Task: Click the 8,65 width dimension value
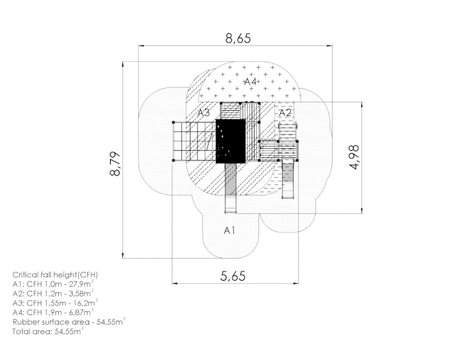click(x=238, y=38)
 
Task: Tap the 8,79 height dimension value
click(x=115, y=164)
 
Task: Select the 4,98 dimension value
click(x=354, y=157)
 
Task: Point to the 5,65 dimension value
click(x=233, y=276)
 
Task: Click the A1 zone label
click(x=230, y=230)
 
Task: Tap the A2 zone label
click(x=285, y=112)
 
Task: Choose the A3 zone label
click(x=204, y=112)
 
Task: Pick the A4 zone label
click(x=250, y=82)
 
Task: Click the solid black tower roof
click(x=231, y=141)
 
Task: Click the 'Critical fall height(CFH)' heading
click(x=55, y=274)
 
